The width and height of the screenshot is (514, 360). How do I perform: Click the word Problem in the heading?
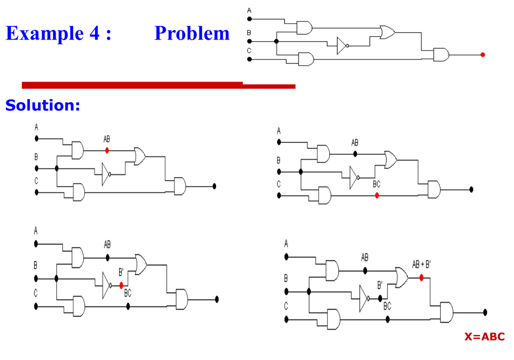192,33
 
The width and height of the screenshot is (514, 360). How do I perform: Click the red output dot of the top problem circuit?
483,55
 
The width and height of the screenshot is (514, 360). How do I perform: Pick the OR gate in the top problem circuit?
387,31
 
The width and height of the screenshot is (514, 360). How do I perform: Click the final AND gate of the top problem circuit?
441,55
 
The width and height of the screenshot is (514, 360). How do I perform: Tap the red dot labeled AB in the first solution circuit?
107,150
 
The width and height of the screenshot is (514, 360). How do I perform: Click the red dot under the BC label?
377,195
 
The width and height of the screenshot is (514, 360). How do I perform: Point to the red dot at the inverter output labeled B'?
122,285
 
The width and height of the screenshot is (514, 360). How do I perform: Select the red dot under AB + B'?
422,277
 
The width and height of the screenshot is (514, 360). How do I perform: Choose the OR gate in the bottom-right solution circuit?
402,278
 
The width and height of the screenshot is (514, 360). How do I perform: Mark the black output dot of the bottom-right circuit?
485,312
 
